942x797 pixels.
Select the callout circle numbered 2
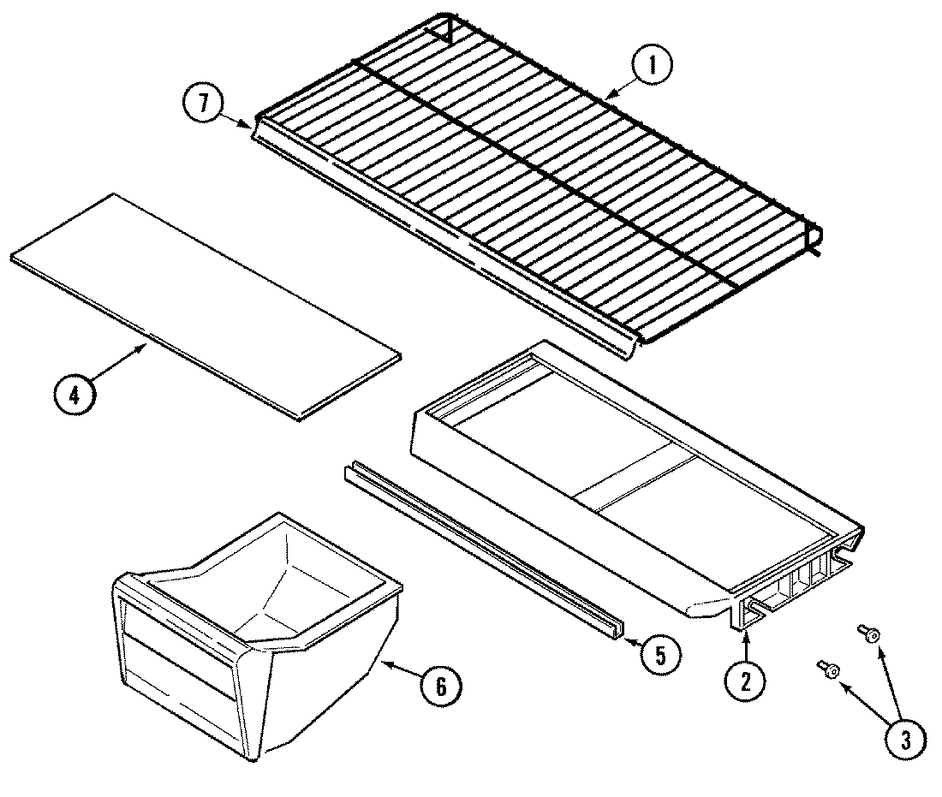tap(745, 681)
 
